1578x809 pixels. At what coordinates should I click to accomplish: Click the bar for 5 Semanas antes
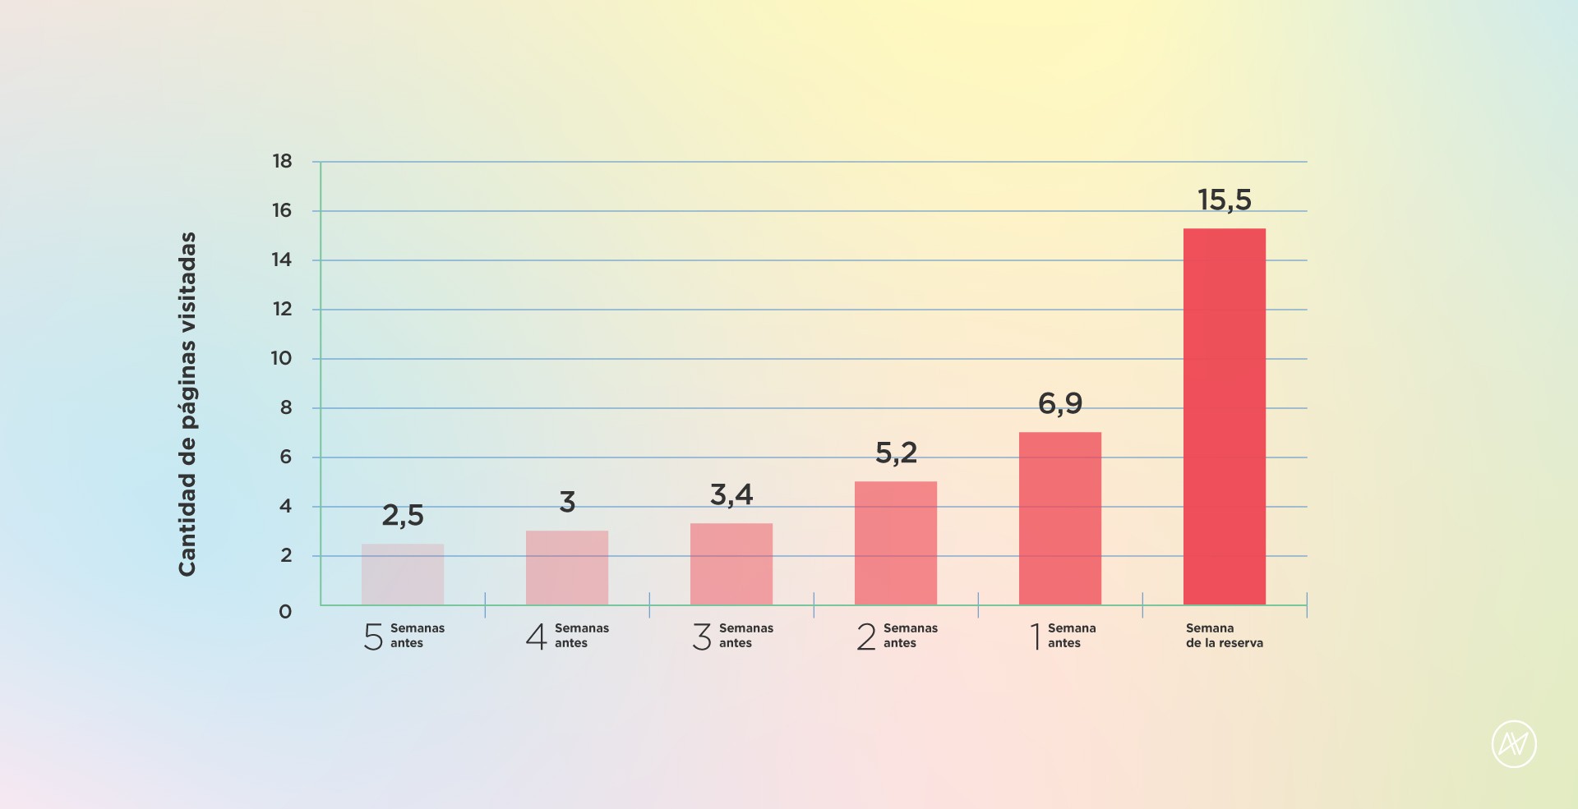pos(403,574)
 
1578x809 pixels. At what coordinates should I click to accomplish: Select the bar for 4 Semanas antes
pos(567,568)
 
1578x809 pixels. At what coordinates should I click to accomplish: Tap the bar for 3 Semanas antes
pos(731,564)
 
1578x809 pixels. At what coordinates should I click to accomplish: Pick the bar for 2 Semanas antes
pos(896,543)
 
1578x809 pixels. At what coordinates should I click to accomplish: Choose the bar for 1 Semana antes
pos(1060,518)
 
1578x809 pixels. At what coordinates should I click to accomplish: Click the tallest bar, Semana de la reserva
pos(1225,416)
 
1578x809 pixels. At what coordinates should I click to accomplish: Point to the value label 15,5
pos(1225,200)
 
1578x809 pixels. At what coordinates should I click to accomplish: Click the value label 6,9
pos(1060,403)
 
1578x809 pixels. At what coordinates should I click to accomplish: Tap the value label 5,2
pos(896,453)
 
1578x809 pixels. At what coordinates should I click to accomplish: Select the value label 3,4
pos(731,494)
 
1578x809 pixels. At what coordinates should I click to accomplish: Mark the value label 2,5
pos(403,516)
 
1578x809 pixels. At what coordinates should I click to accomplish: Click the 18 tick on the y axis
pos(282,161)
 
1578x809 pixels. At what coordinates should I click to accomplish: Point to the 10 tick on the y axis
pos(281,358)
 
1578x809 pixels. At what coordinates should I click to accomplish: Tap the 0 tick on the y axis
pos(285,612)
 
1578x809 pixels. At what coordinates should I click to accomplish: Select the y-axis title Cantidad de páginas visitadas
pos(187,403)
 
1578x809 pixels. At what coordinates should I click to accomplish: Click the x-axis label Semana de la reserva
pos(1224,636)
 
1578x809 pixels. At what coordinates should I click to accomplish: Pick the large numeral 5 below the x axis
pos(373,637)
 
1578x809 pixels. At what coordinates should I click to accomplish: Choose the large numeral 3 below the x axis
pos(702,637)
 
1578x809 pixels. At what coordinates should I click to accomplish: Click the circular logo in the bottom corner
pos(1514,744)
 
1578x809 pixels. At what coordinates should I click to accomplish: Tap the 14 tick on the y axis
pos(282,260)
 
